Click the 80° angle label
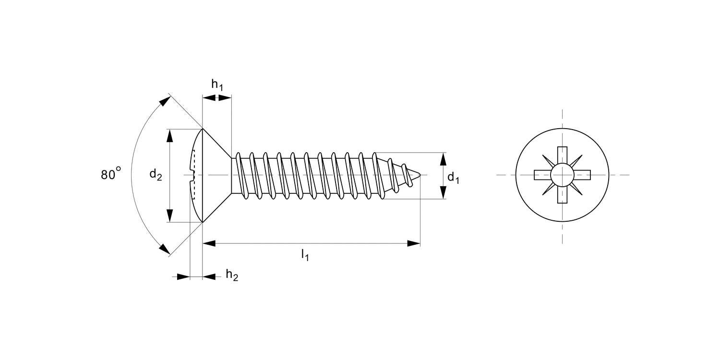(x=111, y=174)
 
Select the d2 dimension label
(x=156, y=175)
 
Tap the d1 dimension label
(x=454, y=178)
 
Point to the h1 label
(x=217, y=85)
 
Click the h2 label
(x=232, y=275)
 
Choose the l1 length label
(x=305, y=255)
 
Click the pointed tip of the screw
(x=420, y=175)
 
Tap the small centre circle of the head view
(x=562, y=175)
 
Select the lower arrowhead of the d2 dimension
(x=170, y=216)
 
